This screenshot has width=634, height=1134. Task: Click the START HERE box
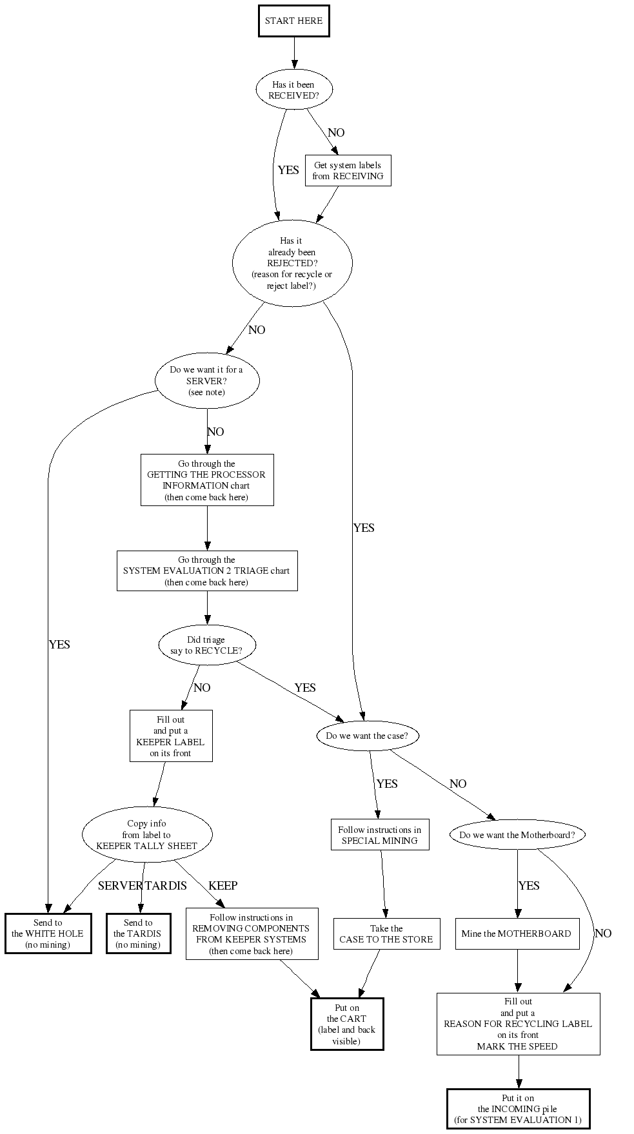pyautogui.click(x=293, y=21)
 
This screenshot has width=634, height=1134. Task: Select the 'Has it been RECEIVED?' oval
pyautogui.click(x=294, y=90)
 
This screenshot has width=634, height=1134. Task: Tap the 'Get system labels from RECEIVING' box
pyautogui.click(x=348, y=171)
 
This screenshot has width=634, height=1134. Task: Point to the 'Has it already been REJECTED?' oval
pyautogui.click(x=292, y=263)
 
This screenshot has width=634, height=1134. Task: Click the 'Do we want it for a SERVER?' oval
pyautogui.click(x=207, y=381)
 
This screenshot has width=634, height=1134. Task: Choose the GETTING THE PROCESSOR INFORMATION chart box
pyautogui.click(x=207, y=480)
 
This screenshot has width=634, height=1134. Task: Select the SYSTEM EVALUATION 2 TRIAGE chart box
pyautogui.click(x=207, y=571)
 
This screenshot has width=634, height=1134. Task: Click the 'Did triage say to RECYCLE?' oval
pyautogui.click(x=207, y=645)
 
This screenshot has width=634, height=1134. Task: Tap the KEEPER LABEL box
pyautogui.click(x=171, y=736)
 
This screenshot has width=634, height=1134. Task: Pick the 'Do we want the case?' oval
pyautogui.click(x=368, y=736)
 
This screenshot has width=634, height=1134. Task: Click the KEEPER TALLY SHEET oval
pyautogui.click(x=147, y=834)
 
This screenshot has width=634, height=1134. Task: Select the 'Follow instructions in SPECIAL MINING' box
pyautogui.click(x=380, y=835)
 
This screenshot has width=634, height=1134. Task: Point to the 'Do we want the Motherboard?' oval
pyautogui.click(x=517, y=835)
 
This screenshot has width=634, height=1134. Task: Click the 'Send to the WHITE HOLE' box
pyautogui.click(x=48, y=934)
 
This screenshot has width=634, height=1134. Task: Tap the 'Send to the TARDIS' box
pyautogui.click(x=138, y=934)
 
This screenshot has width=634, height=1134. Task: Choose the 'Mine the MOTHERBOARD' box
pyautogui.click(x=517, y=934)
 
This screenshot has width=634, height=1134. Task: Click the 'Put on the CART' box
pyautogui.click(x=347, y=1024)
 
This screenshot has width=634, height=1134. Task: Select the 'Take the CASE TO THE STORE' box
pyautogui.click(x=386, y=934)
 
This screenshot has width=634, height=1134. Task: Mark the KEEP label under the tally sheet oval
pyautogui.click(x=223, y=886)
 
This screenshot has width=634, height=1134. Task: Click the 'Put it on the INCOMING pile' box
pyautogui.click(x=518, y=1109)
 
